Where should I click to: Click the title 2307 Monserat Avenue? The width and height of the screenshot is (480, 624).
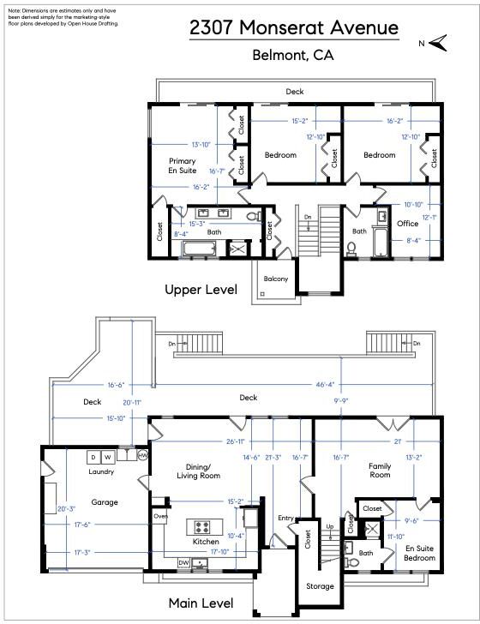tap(294, 27)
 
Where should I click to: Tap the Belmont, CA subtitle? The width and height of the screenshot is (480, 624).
tap(293, 55)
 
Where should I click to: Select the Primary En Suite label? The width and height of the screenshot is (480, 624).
tap(183, 165)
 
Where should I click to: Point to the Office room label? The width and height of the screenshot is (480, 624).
tap(407, 224)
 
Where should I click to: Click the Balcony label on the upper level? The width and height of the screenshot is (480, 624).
tap(275, 279)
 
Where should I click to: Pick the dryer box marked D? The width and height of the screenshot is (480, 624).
tap(93, 457)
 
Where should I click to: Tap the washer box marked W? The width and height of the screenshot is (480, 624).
tap(108, 457)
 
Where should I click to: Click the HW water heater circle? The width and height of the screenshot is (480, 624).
tap(142, 455)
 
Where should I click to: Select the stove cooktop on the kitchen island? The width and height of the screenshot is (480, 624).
tap(201, 527)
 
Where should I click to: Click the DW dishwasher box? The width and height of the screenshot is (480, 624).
tap(183, 562)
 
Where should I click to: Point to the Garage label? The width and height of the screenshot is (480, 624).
tap(105, 502)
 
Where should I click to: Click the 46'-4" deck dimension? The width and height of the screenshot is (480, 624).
tap(325, 384)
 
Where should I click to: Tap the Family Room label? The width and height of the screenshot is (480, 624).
tap(380, 470)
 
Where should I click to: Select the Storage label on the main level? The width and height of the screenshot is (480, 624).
tap(320, 585)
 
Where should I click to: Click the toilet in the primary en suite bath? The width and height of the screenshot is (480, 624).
tap(253, 217)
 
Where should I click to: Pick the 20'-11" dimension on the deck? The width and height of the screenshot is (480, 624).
tap(132, 403)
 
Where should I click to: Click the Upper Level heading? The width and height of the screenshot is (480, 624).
tap(201, 290)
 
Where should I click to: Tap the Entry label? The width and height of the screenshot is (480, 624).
tap(285, 518)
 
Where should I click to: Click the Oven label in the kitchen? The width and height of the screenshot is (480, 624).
tap(160, 516)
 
